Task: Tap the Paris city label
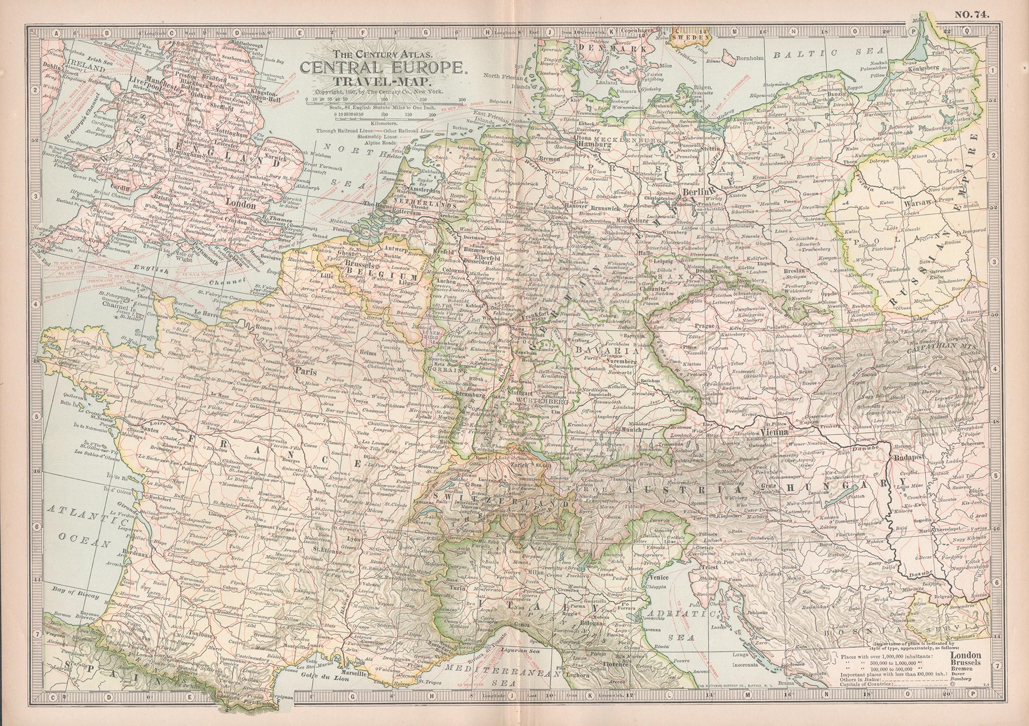tap(305, 370)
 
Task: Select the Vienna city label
tap(774, 433)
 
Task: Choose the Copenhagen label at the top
tap(638, 31)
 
